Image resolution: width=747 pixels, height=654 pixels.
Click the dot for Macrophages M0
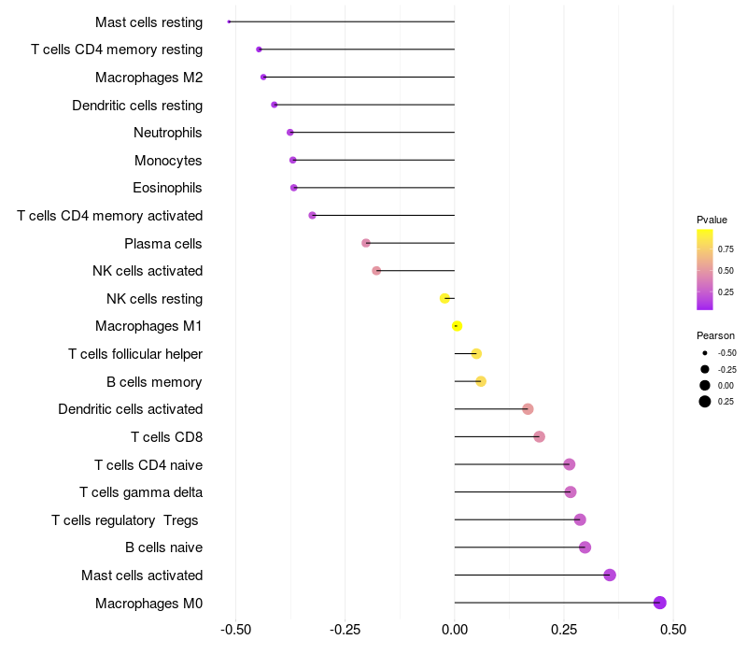point(660,603)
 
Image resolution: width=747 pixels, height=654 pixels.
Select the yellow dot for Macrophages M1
point(457,326)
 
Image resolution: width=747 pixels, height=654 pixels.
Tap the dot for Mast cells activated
point(610,575)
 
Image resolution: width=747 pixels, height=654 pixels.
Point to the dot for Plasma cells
point(366,243)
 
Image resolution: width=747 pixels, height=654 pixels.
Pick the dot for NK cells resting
point(444,299)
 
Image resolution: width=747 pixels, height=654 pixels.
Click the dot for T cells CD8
point(539,436)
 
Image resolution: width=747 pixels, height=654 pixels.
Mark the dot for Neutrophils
point(290,133)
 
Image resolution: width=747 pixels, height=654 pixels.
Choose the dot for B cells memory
point(481,381)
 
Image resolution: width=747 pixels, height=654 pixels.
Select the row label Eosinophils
point(167,188)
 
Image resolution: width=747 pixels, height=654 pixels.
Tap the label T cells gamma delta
point(141,492)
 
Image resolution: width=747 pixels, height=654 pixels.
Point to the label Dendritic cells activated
point(130,409)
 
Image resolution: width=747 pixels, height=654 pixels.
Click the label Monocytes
point(168,161)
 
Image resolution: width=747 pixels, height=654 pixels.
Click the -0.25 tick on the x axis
point(345,630)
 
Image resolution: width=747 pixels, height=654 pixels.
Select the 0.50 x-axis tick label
point(673,630)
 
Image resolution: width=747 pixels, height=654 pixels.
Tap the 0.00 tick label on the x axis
point(455,630)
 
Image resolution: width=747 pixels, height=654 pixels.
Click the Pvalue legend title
point(712,220)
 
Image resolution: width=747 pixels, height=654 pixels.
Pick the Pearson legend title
point(715,335)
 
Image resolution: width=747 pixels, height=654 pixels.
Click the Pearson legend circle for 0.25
point(705,402)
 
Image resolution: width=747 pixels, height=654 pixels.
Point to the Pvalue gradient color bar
point(705,269)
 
